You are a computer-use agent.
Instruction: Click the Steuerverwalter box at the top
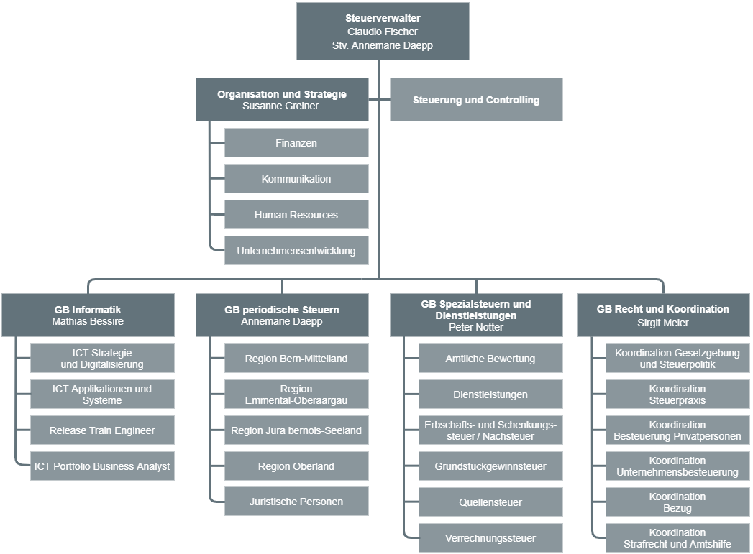[x=383, y=31]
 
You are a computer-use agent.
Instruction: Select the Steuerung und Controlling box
[x=476, y=100]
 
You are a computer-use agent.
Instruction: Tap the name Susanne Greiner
[x=280, y=106]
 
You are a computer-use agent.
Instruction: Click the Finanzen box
[x=296, y=143]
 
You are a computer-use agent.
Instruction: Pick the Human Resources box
[x=296, y=215]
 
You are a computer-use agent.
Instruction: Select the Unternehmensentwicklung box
[x=296, y=250]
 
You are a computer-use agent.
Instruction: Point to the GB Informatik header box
[x=88, y=315]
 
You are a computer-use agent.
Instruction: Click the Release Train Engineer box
[x=102, y=430]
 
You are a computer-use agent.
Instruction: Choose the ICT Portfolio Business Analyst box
[x=102, y=466]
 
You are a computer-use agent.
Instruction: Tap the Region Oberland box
[x=296, y=466]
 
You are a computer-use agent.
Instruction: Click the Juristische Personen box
[x=296, y=502]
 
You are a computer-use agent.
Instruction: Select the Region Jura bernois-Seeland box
[x=296, y=430]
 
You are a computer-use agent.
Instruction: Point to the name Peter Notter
[x=476, y=327]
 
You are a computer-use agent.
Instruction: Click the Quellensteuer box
[x=490, y=502]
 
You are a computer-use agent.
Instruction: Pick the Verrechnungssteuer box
[x=490, y=538]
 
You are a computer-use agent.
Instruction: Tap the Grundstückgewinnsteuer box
[x=490, y=466]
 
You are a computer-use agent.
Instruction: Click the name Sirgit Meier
[x=662, y=323]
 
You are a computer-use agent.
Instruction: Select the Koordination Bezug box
[x=677, y=502]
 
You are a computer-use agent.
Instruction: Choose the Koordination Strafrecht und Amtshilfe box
[x=677, y=538]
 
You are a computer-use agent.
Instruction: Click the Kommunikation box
[x=296, y=179]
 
